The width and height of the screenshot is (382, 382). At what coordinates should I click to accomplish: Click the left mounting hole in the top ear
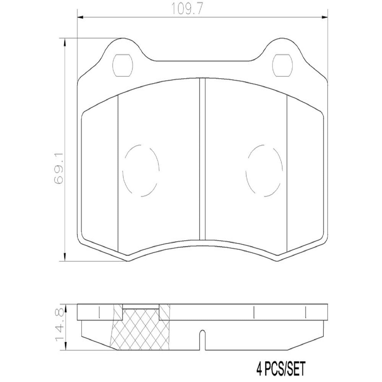click(122, 65)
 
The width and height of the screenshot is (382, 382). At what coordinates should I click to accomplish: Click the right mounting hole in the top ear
click(282, 65)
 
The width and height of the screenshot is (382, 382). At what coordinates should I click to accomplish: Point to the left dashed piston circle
click(141, 171)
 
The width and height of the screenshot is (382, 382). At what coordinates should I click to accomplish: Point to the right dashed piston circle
click(264, 171)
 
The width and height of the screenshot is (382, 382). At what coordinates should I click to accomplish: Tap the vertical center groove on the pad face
click(202, 159)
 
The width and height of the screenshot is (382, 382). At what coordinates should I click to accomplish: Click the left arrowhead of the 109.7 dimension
click(80, 17)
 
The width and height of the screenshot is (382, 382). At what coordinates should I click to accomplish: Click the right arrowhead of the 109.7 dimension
click(324, 17)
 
